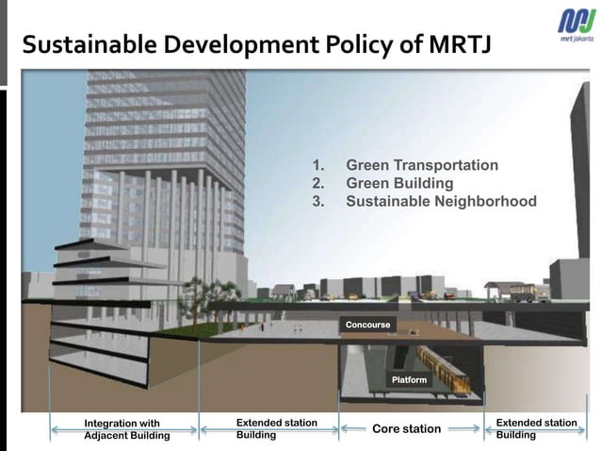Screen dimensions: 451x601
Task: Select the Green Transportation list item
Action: tap(422, 165)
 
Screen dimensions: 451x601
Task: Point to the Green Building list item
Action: tap(399, 183)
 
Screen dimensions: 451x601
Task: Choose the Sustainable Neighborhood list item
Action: tap(441, 201)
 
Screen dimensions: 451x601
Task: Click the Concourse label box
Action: tap(367, 325)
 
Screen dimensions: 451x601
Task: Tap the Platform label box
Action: tap(409, 380)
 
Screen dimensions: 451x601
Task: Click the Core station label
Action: tap(406, 429)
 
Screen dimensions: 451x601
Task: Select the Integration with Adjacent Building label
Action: tap(126, 429)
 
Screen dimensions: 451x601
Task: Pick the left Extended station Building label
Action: tap(275, 428)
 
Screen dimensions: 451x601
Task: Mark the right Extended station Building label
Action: tap(535, 428)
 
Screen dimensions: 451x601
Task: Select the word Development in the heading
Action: tap(239, 46)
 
